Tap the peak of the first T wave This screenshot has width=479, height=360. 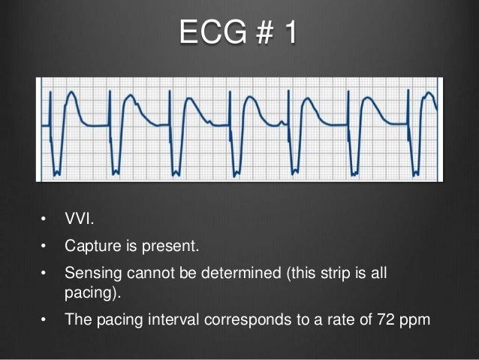(71, 93)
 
